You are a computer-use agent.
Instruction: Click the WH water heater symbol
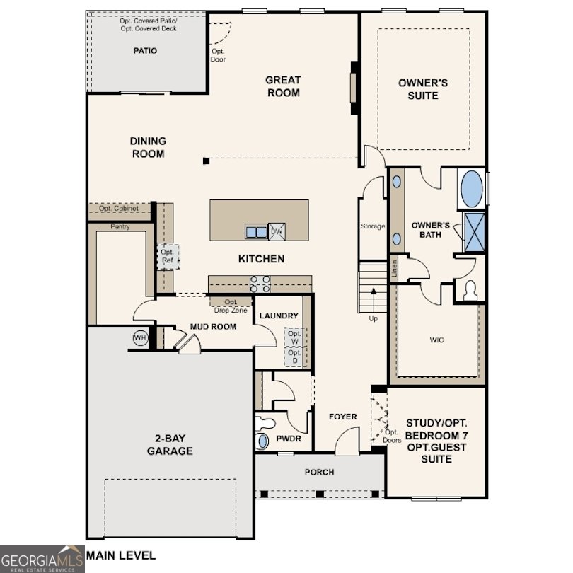(139, 338)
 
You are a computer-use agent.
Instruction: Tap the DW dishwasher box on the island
(277, 231)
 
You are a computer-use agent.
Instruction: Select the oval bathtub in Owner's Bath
(472, 189)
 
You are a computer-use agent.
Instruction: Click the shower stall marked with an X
(475, 231)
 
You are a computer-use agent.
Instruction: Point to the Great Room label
(283, 86)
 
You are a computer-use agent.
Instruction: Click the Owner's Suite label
(423, 89)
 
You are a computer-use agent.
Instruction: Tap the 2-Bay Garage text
(170, 444)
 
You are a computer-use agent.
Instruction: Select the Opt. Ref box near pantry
(168, 256)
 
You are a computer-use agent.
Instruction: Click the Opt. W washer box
(294, 338)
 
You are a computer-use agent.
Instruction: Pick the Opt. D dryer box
(294, 357)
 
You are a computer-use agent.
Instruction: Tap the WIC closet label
(437, 340)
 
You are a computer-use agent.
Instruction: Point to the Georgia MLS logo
(42, 558)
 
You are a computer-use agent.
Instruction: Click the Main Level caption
(121, 556)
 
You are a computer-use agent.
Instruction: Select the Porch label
(319, 472)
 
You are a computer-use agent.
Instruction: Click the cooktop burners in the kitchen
(260, 283)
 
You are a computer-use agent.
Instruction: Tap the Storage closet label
(373, 226)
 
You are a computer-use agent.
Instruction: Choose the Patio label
(146, 51)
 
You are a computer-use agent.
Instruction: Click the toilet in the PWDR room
(266, 424)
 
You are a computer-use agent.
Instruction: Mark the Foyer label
(343, 417)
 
